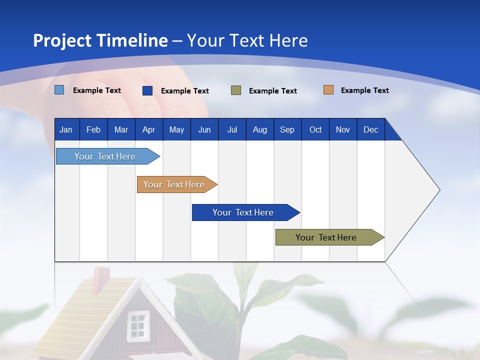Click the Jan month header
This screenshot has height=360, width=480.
click(66, 130)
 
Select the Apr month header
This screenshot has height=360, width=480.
click(148, 130)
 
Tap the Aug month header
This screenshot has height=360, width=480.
click(259, 130)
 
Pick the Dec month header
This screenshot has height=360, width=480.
click(370, 130)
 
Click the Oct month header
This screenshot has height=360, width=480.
click(315, 130)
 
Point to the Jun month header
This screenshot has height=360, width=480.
click(204, 130)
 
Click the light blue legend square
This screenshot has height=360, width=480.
click(59, 90)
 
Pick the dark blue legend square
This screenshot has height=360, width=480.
click(147, 90)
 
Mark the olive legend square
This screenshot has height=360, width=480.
click(235, 90)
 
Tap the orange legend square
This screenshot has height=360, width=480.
click(328, 90)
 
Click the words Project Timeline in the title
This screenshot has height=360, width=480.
click(100, 40)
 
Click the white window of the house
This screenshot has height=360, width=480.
click(137, 325)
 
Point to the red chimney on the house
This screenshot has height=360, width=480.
click(101, 275)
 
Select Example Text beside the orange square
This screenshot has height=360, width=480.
click(364, 90)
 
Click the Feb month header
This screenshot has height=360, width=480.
click(93, 130)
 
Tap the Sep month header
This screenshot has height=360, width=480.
click(287, 130)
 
